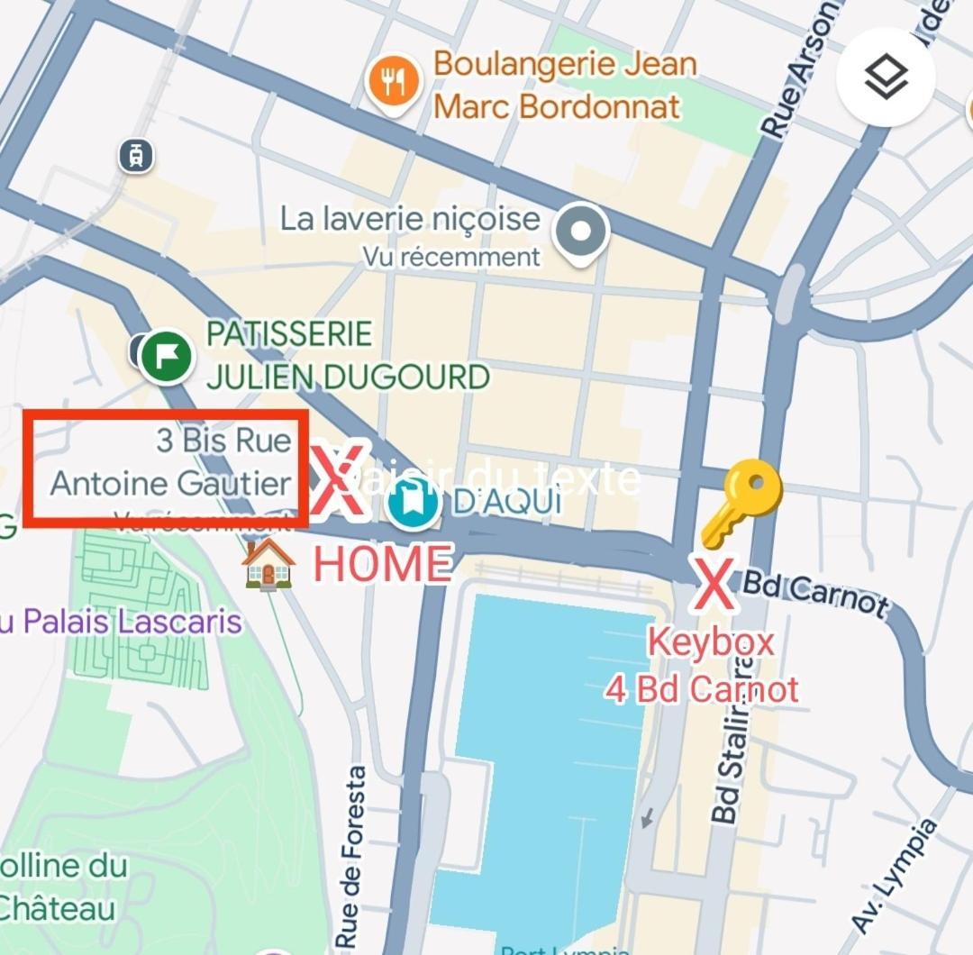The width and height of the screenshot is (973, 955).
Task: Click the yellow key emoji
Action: (741, 502)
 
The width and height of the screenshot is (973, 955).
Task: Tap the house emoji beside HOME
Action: (268, 564)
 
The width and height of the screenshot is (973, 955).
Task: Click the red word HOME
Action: (382, 564)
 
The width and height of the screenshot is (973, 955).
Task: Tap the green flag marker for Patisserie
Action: (167, 355)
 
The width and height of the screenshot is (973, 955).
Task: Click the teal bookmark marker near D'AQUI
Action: (412, 503)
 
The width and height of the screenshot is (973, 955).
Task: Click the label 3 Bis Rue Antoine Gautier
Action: (171, 462)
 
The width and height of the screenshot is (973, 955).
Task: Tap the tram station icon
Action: (135, 156)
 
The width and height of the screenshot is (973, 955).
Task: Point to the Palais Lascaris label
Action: (122, 622)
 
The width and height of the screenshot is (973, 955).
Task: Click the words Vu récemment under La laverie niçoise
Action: (451, 257)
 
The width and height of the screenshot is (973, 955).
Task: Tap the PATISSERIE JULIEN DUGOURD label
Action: (347, 355)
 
